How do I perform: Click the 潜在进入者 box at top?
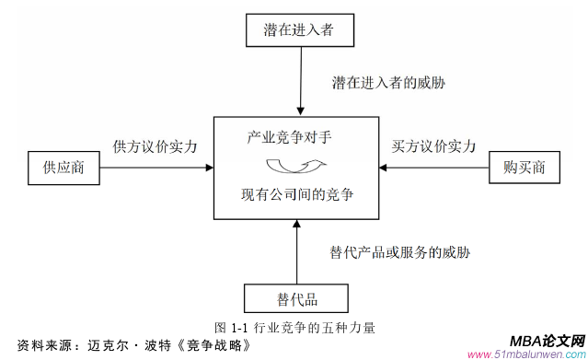[x=298, y=30]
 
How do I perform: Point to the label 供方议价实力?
[x=155, y=146]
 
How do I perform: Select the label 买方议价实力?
[x=432, y=146]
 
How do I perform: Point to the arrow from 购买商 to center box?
[x=432, y=168]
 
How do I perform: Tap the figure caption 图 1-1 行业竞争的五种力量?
[x=294, y=327]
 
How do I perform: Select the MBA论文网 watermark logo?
[x=547, y=339]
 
